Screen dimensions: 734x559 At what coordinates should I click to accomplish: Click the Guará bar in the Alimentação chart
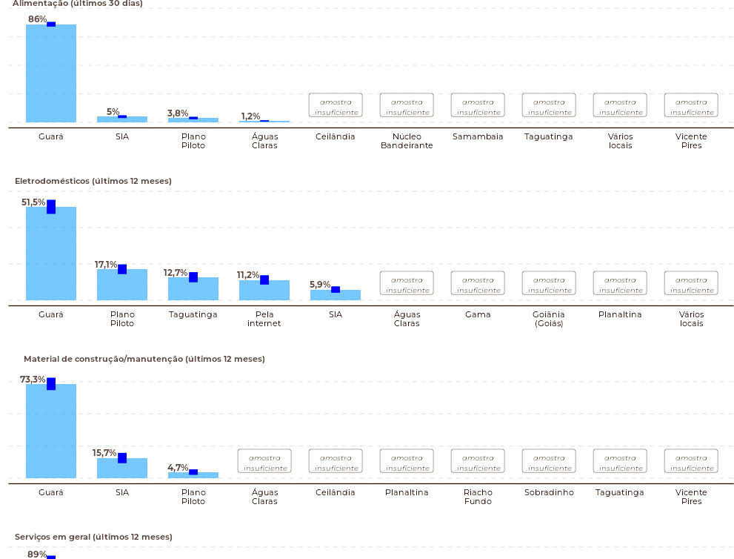(x=51, y=73)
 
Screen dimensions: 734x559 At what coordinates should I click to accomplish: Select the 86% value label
(x=38, y=19)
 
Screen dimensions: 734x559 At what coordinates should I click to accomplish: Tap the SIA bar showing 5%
(x=122, y=119)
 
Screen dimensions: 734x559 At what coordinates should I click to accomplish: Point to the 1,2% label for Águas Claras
(x=250, y=116)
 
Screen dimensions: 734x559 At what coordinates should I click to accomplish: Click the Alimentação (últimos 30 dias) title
(x=78, y=4)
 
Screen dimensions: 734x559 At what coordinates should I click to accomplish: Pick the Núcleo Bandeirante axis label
(x=407, y=141)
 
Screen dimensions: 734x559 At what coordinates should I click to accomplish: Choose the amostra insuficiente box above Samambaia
(x=478, y=105)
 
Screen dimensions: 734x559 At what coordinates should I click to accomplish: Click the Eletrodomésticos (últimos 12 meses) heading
(x=93, y=181)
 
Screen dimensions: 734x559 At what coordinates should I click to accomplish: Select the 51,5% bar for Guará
(x=51, y=253)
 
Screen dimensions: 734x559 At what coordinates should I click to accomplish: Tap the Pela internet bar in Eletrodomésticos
(x=264, y=290)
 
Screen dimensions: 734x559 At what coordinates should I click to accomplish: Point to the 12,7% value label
(x=175, y=273)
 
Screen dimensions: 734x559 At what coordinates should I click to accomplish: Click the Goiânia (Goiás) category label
(x=549, y=319)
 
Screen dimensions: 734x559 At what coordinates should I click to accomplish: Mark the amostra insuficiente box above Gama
(x=478, y=283)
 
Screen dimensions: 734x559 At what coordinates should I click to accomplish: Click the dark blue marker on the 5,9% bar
(x=336, y=290)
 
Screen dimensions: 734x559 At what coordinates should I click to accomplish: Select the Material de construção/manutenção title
(x=144, y=359)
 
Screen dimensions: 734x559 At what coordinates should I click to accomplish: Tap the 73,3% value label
(x=33, y=379)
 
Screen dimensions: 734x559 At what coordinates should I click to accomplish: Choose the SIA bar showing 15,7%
(x=122, y=468)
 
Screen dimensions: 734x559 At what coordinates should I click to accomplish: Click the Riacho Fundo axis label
(x=478, y=497)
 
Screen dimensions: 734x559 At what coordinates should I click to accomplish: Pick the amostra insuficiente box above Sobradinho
(x=549, y=461)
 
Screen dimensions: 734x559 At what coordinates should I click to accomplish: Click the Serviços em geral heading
(x=93, y=537)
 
